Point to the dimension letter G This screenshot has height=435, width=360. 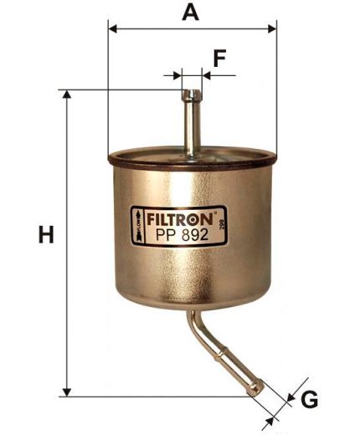pos(309,401)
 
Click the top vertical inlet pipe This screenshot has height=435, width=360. pos(192,121)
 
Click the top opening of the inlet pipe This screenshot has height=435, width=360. pos(192,91)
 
